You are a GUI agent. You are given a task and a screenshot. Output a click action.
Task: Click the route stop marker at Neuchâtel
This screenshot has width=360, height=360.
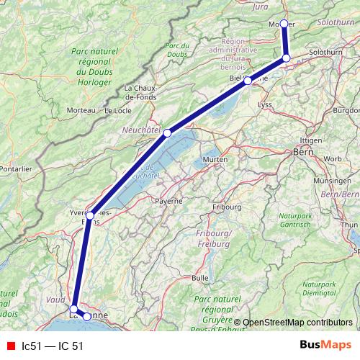coord(167,132)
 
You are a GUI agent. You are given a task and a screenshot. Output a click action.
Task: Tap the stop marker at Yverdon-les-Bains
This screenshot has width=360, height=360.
coord(90,215)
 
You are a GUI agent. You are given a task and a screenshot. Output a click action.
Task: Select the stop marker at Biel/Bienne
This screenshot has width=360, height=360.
coord(248,81)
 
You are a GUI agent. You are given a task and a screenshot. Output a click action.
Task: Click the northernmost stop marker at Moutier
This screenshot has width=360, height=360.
coord(284,24)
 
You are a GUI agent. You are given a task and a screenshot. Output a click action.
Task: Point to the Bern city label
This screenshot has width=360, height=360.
coord(301,153)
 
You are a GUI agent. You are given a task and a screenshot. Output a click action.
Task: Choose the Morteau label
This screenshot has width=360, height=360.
coord(81,110)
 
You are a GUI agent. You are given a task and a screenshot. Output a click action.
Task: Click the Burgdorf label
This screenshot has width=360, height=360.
coord(347,110)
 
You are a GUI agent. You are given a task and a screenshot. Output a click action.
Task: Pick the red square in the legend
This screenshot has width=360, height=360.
coord(9,346)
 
